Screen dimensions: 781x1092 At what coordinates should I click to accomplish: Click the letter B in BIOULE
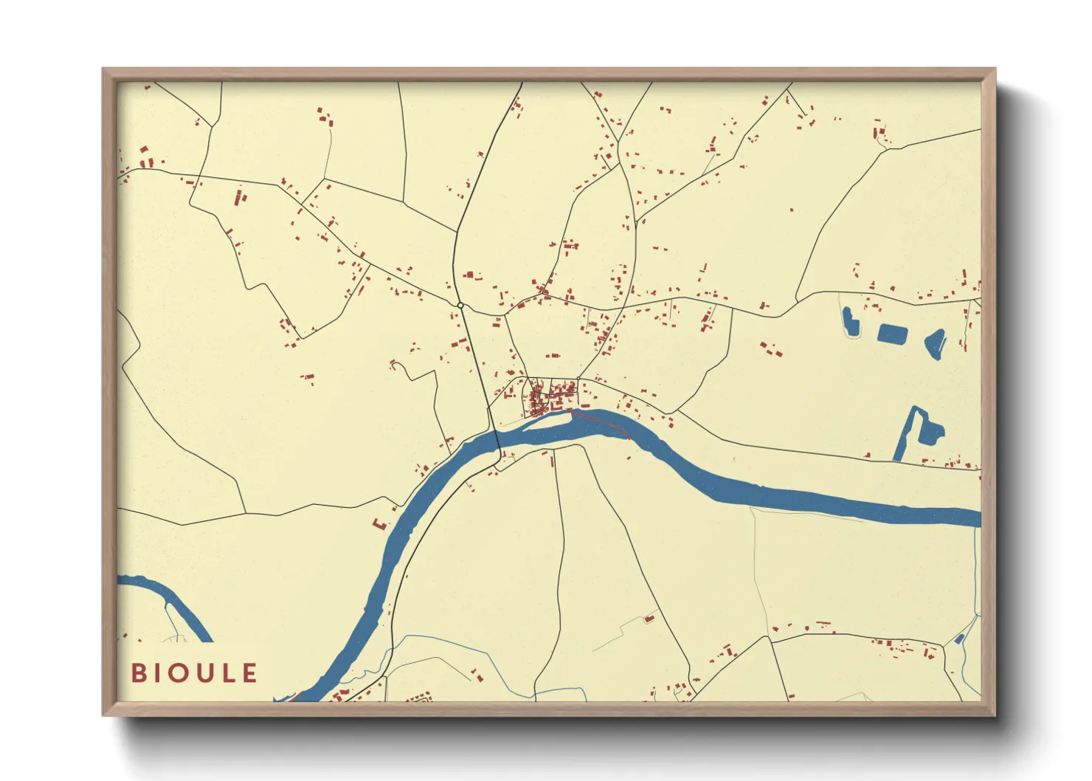[138, 673]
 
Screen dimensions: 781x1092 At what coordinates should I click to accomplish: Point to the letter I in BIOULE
[155, 673]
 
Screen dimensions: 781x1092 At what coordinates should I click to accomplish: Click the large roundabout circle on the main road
[460, 305]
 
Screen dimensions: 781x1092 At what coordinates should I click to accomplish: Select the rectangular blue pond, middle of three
[891, 334]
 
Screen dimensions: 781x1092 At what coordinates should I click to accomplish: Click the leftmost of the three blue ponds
[851, 323]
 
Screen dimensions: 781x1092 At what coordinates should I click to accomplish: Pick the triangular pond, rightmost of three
[936, 343]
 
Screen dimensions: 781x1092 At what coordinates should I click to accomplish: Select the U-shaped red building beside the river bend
[380, 523]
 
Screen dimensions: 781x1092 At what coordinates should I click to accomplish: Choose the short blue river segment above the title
[170, 602]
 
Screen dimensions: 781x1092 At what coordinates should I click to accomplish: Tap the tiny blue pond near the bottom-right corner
[959, 639]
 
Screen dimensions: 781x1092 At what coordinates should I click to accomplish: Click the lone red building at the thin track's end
[649, 619]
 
